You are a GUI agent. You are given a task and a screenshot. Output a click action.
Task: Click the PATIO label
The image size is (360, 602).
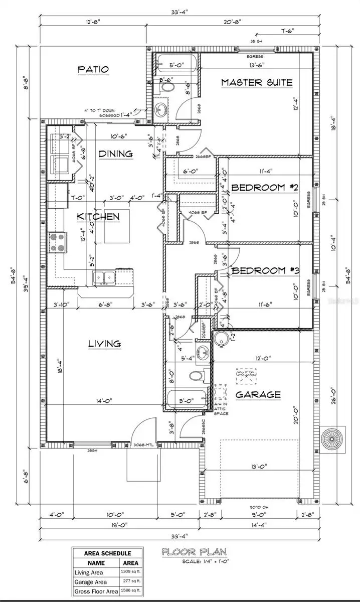93,70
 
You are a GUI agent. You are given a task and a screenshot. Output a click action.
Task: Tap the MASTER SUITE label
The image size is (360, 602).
257,82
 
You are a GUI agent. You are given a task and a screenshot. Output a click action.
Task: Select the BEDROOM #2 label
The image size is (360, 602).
265,188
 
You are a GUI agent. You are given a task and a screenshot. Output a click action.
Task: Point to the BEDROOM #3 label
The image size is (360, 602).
265,271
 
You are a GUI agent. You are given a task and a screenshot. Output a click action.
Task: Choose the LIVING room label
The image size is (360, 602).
105,344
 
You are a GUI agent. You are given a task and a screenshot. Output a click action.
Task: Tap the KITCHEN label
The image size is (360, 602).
98,217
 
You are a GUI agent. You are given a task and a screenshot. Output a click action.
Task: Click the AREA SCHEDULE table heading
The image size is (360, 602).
107,552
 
